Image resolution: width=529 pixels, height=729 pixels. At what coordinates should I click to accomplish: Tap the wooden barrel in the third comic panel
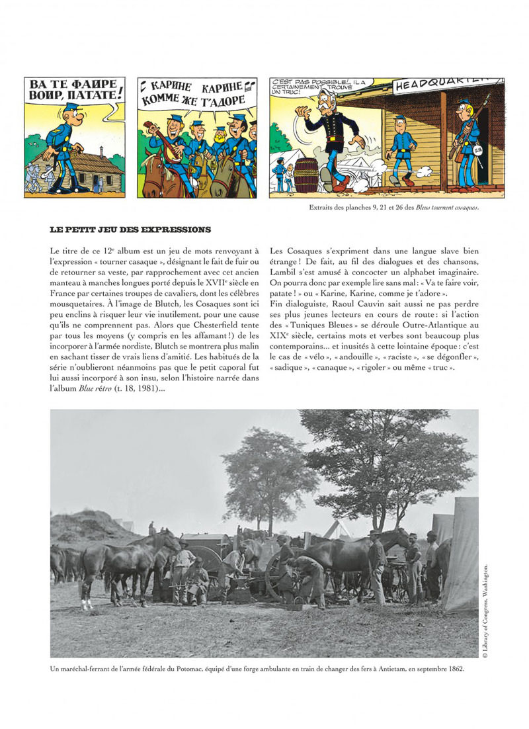(x=305, y=174)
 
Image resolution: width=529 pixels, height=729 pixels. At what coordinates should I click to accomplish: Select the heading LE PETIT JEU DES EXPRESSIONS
(x=130, y=230)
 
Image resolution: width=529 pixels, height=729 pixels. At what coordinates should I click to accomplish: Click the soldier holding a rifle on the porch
(x=467, y=142)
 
